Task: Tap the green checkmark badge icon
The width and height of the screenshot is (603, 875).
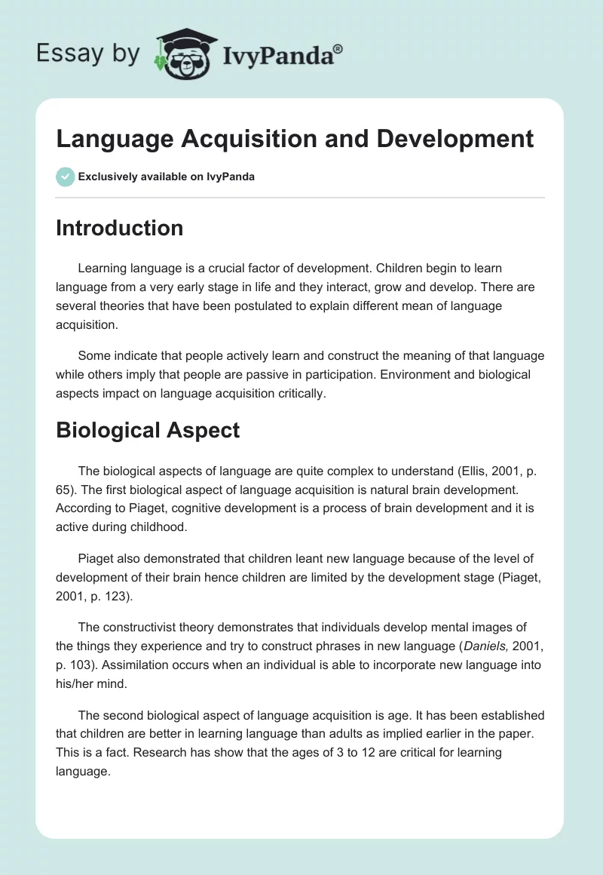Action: coord(65,177)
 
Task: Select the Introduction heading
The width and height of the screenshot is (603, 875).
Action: coord(119,228)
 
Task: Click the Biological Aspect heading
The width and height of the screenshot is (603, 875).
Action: coord(148,430)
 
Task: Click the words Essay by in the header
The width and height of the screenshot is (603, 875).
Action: coord(89,54)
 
